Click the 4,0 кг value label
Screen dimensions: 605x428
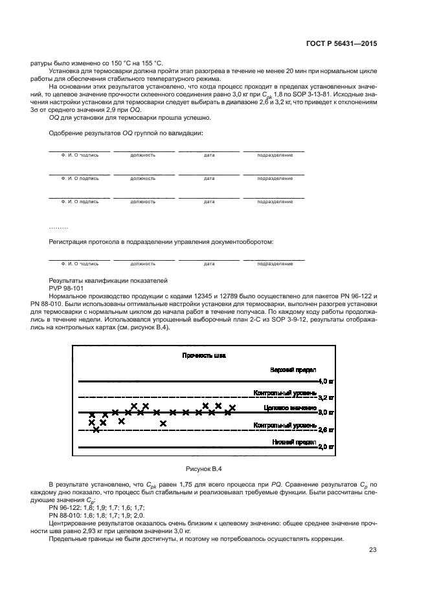pos(327,382)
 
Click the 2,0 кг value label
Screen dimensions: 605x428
pos(327,446)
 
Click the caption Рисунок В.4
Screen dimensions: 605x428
pos(205,468)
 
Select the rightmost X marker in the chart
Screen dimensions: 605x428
pos(232,408)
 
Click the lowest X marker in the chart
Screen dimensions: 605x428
pos(96,429)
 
